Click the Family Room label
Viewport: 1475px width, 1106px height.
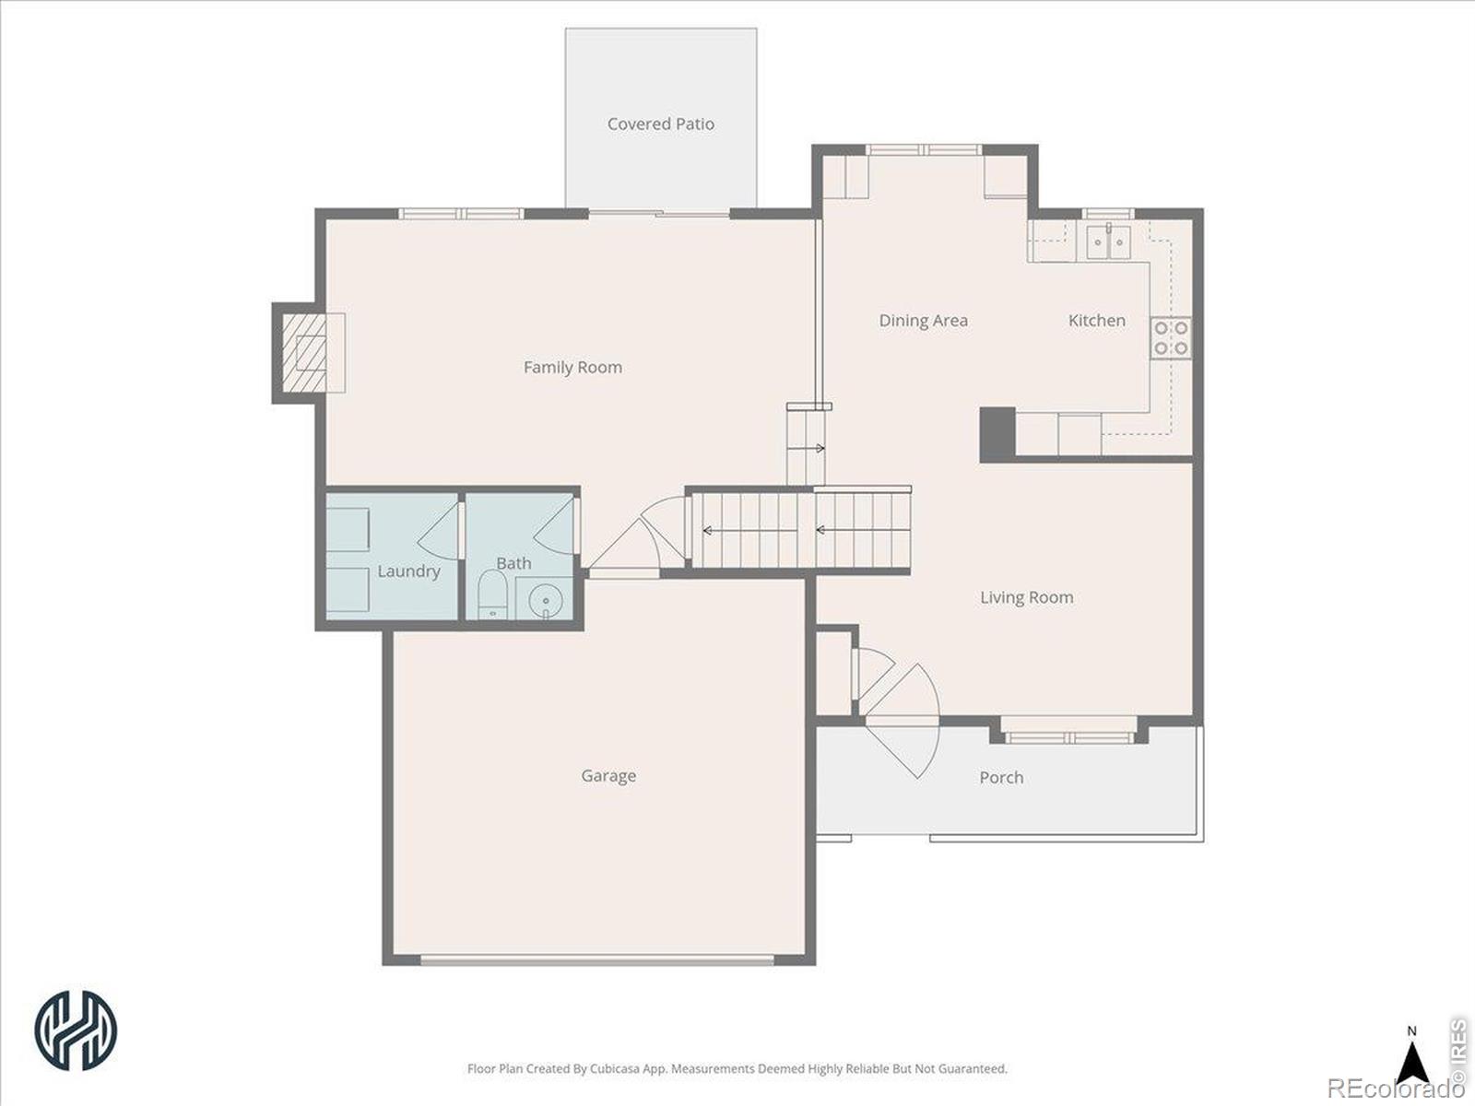tap(572, 368)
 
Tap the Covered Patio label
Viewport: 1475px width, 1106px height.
tap(661, 124)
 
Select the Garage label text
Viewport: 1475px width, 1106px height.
tap(608, 776)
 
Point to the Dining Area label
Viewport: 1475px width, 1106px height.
tap(924, 321)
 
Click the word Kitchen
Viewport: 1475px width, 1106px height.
tap(1097, 321)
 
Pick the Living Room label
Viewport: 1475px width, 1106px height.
tap(1027, 597)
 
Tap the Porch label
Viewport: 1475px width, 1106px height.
tap(1001, 778)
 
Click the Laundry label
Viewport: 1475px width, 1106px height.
tap(408, 571)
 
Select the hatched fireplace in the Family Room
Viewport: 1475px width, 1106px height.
tap(304, 353)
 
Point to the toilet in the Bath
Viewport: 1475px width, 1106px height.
tap(492, 595)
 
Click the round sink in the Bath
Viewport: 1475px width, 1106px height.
tap(545, 600)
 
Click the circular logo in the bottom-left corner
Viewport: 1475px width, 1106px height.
tap(76, 1030)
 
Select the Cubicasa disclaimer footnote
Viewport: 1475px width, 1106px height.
tap(737, 1068)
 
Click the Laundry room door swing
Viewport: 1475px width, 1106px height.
tap(438, 532)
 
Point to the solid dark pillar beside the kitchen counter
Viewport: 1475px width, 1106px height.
tap(997, 434)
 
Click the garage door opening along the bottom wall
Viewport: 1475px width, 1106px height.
tap(598, 960)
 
